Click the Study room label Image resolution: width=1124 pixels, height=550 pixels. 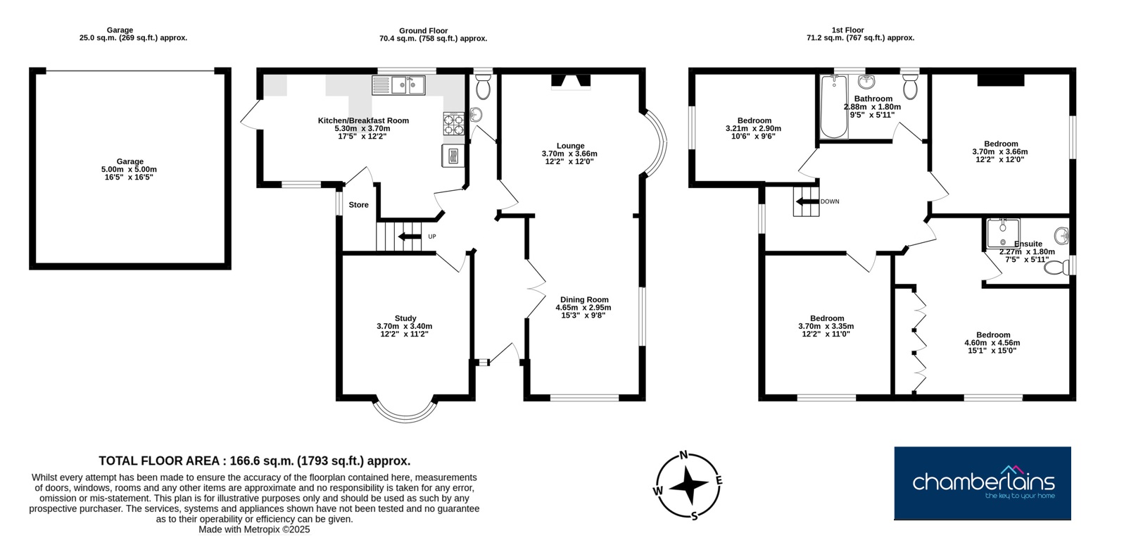[x=405, y=318]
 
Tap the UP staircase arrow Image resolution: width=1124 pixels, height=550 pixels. [x=410, y=237]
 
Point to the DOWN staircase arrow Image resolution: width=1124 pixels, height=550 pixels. [x=807, y=202]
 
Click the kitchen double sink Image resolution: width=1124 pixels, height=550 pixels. [x=398, y=85]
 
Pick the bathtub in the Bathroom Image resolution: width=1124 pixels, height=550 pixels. [x=833, y=106]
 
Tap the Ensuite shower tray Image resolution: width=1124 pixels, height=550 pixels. [x=1003, y=233]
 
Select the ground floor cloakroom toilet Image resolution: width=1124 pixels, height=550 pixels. [x=484, y=87]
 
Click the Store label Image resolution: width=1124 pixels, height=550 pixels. [x=359, y=205]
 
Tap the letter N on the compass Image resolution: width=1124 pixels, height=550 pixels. [x=683, y=455]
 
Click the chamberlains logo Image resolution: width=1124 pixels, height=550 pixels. [x=983, y=483]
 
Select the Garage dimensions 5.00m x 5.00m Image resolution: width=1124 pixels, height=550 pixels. [x=129, y=169]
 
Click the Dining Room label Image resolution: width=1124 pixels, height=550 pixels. [x=584, y=299]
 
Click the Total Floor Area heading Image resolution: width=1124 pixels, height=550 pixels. [x=254, y=461]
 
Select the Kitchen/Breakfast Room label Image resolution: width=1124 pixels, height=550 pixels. [x=363, y=120]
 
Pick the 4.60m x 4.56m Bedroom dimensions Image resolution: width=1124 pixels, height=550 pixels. [x=992, y=343]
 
